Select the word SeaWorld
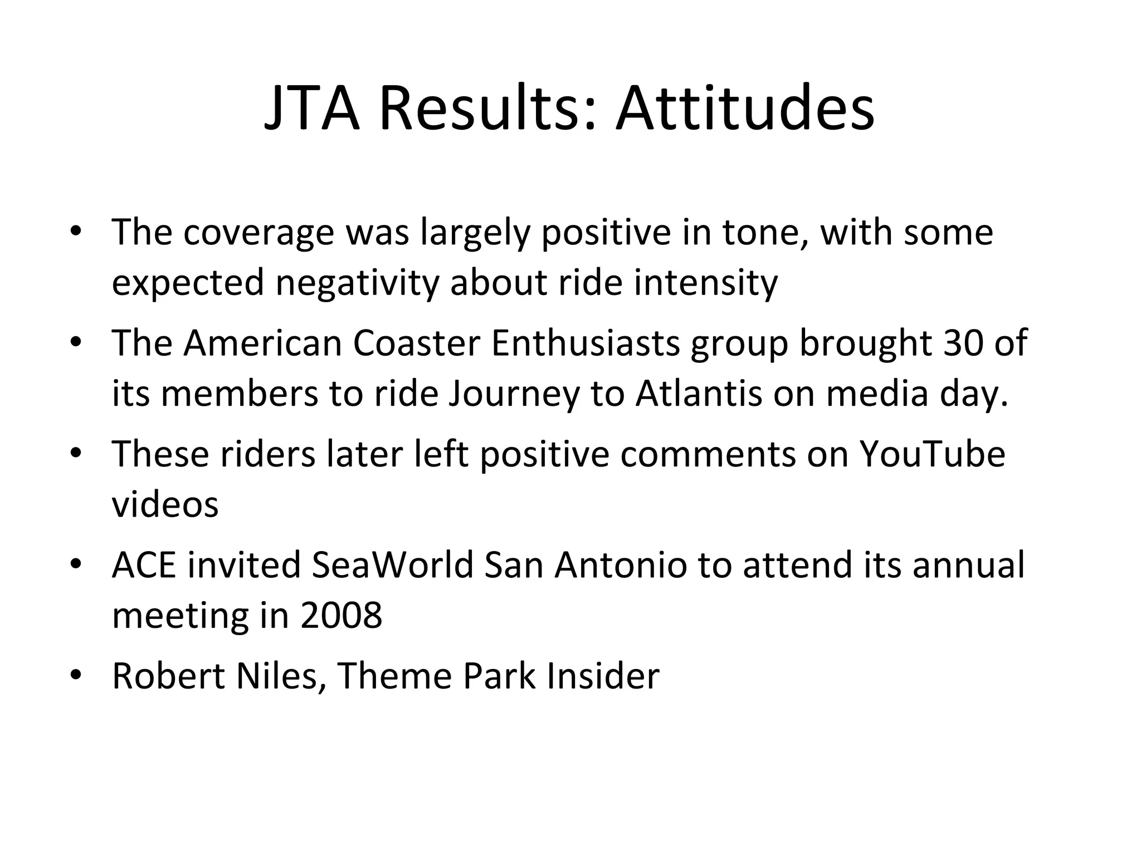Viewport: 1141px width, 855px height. (x=393, y=564)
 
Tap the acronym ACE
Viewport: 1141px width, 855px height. (x=144, y=564)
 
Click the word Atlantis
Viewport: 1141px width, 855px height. (x=698, y=393)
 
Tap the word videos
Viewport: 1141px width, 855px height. (x=165, y=504)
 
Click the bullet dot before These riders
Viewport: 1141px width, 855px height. (x=76, y=453)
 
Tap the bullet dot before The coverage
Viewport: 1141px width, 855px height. (x=76, y=232)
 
